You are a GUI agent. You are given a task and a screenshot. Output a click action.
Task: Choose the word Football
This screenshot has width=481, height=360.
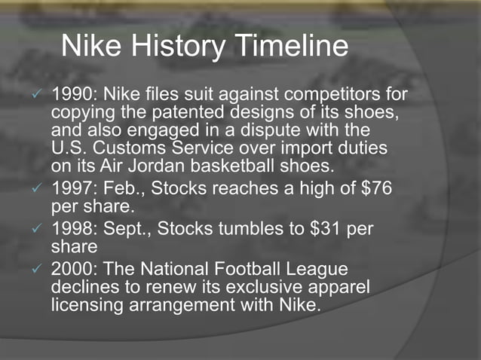click(x=252, y=270)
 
